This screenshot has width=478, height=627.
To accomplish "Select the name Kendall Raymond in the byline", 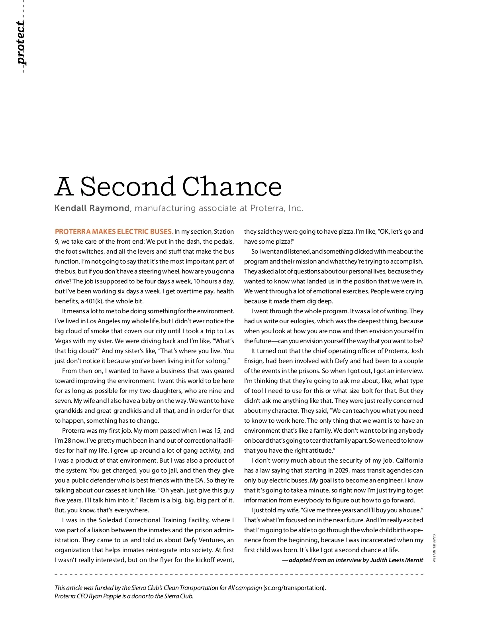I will [x=92, y=208].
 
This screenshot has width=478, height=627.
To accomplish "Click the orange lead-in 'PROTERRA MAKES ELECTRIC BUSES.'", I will [x=114, y=232].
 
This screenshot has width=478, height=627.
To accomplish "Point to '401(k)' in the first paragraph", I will [x=94, y=301].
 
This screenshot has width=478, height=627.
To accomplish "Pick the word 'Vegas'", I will [x=63, y=341].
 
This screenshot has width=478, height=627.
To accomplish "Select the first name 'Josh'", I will [x=417, y=351].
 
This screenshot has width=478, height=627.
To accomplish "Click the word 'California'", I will [x=409, y=461].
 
